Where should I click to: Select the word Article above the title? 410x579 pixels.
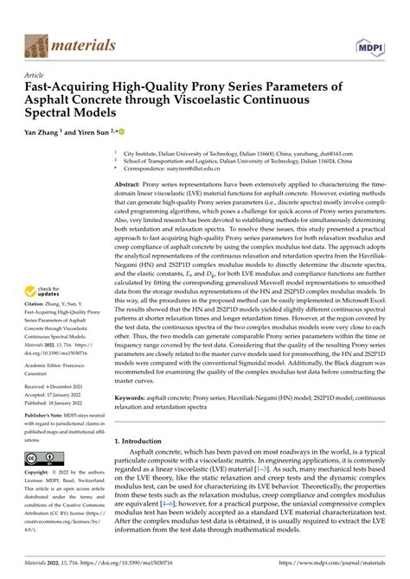(x=38, y=75)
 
